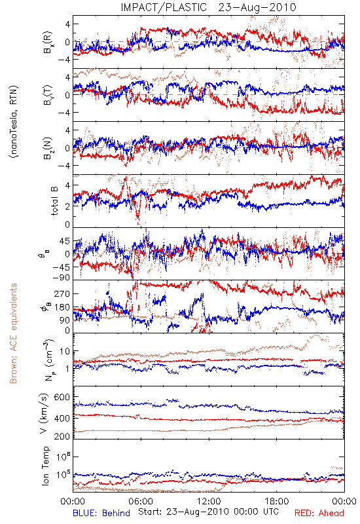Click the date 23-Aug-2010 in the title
click(257, 7)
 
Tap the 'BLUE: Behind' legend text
click(101, 513)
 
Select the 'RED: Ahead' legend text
click(319, 513)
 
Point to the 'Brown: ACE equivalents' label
click(13, 333)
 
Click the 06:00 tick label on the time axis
click(141, 501)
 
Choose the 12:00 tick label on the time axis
click(209, 501)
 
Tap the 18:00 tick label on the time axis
click(277, 501)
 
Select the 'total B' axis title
click(54, 201)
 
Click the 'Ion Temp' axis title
click(45, 466)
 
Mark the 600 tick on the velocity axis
click(62, 397)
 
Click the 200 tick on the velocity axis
click(62, 436)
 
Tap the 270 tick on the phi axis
click(62, 294)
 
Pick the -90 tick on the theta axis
click(60, 278)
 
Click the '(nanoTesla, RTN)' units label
click(14, 122)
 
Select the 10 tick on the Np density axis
click(64, 351)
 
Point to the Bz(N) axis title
click(48, 148)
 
